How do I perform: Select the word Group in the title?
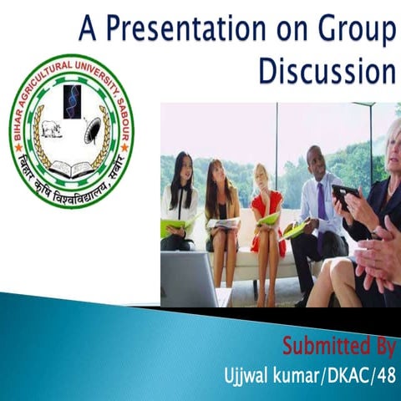click(x=352, y=30)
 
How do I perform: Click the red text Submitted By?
click(x=338, y=345)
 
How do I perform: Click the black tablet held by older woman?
click(x=345, y=195)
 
